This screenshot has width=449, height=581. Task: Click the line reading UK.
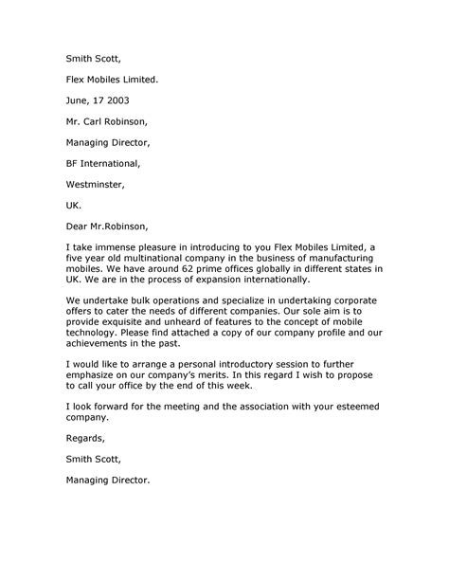pyautogui.click(x=75, y=206)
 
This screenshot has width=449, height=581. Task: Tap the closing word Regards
pyautogui.click(x=86, y=439)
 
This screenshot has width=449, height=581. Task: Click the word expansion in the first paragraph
pyautogui.click(x=220, y=281)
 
